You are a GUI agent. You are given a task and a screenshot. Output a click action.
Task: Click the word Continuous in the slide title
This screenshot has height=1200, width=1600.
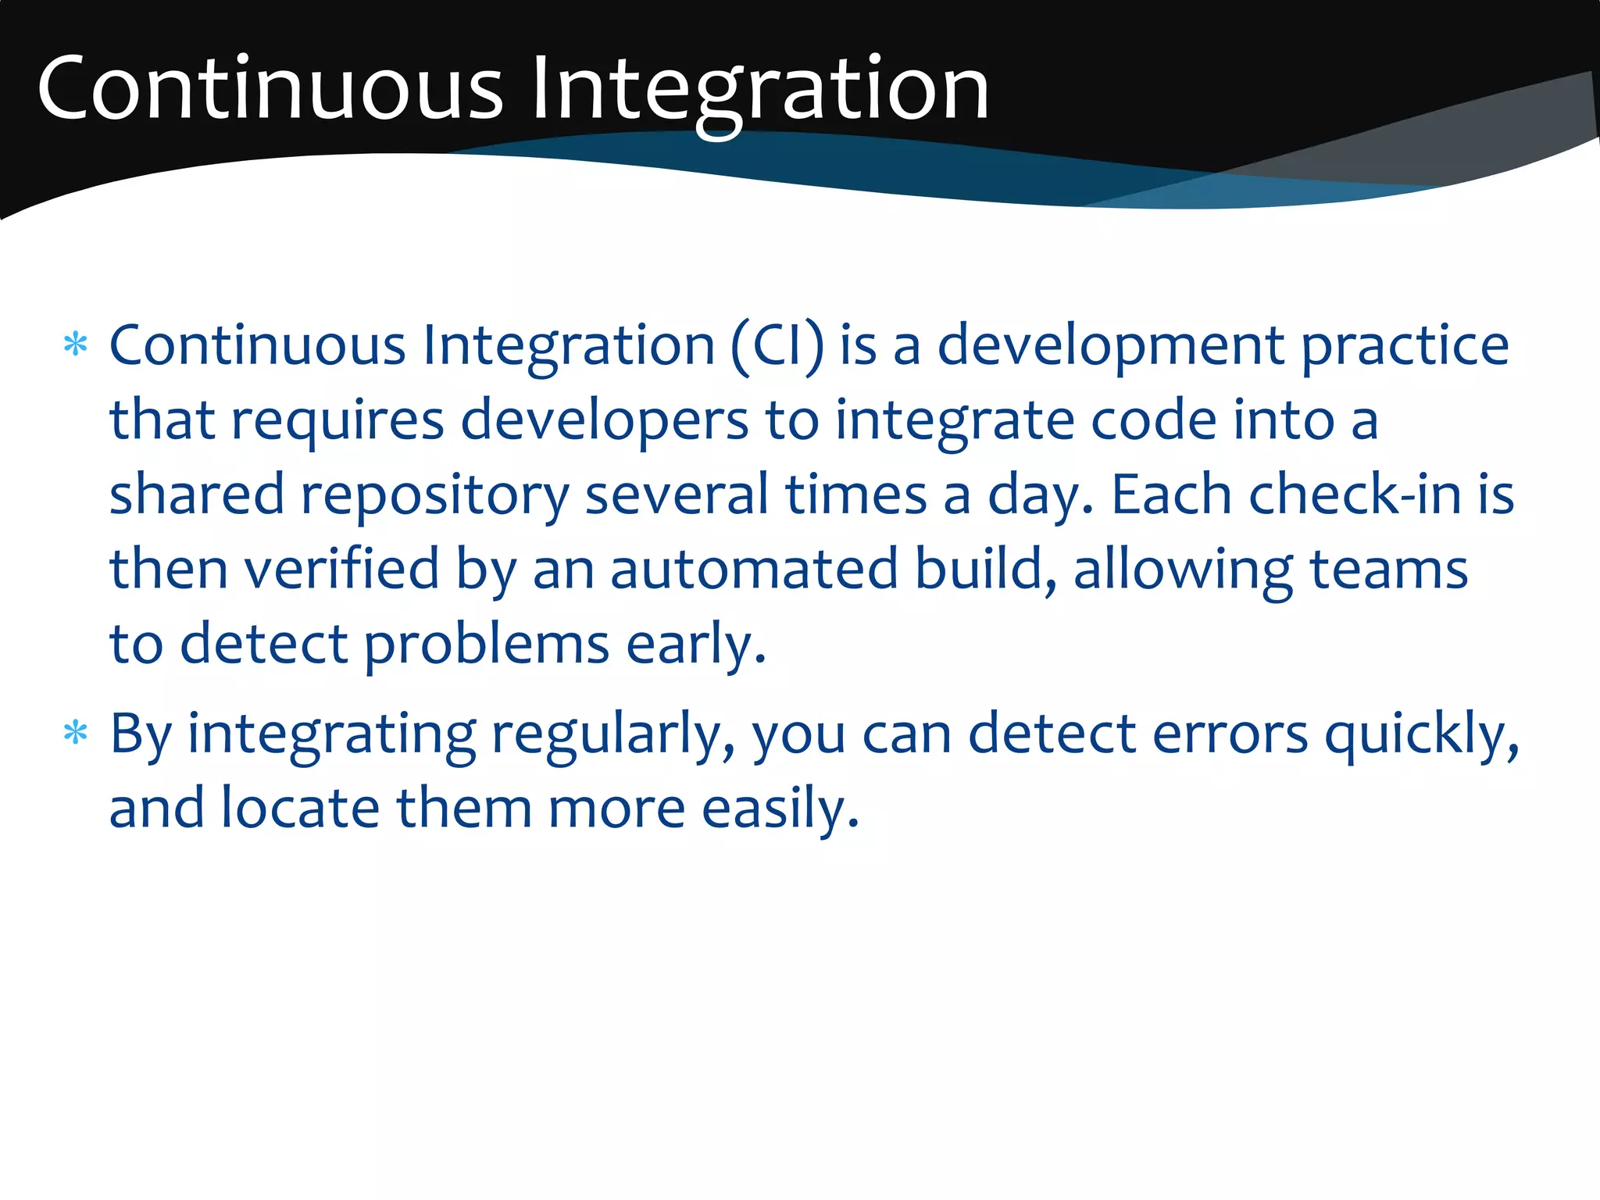click(x=270, y=87)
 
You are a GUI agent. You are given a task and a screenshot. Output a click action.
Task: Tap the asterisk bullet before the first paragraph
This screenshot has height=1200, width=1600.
click(x=75, y=345)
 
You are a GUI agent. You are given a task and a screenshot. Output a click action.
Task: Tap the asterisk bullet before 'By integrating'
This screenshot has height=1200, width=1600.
click(x=75, y=734)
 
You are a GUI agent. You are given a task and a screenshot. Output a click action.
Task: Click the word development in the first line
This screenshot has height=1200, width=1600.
click(x=1110, y=345)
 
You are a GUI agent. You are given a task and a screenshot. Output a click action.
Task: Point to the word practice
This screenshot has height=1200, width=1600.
click(x=1405, y=345)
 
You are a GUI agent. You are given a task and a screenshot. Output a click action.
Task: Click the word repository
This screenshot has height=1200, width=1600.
click(x=435, y=495)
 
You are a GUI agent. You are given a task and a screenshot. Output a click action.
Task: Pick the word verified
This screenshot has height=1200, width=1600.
click(x=342, y=569)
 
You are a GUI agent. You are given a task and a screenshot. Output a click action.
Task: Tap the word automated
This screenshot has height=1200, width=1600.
click(x=754, y=569)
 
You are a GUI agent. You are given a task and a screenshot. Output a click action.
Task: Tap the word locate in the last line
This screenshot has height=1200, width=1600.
click(x=300, y=808)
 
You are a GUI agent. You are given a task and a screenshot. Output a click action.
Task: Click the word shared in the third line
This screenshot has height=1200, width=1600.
click(x=197, y=495)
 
